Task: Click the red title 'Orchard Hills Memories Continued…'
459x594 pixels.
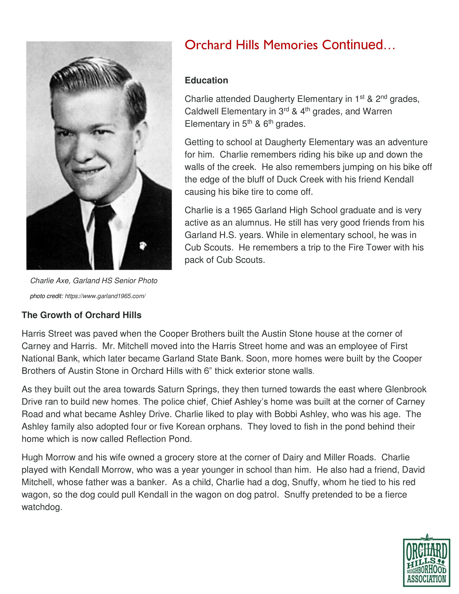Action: pos(290,45)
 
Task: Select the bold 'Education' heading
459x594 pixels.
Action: pos(206,80)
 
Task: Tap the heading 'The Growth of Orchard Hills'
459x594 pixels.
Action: pos(82,315)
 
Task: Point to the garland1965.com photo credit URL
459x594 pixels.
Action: pos(105,296)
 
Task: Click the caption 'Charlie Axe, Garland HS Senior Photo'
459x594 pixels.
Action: pos(94,281)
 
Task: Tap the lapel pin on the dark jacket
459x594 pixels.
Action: pos(142,246)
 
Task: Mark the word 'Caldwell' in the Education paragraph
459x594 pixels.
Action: pos(201,112)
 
